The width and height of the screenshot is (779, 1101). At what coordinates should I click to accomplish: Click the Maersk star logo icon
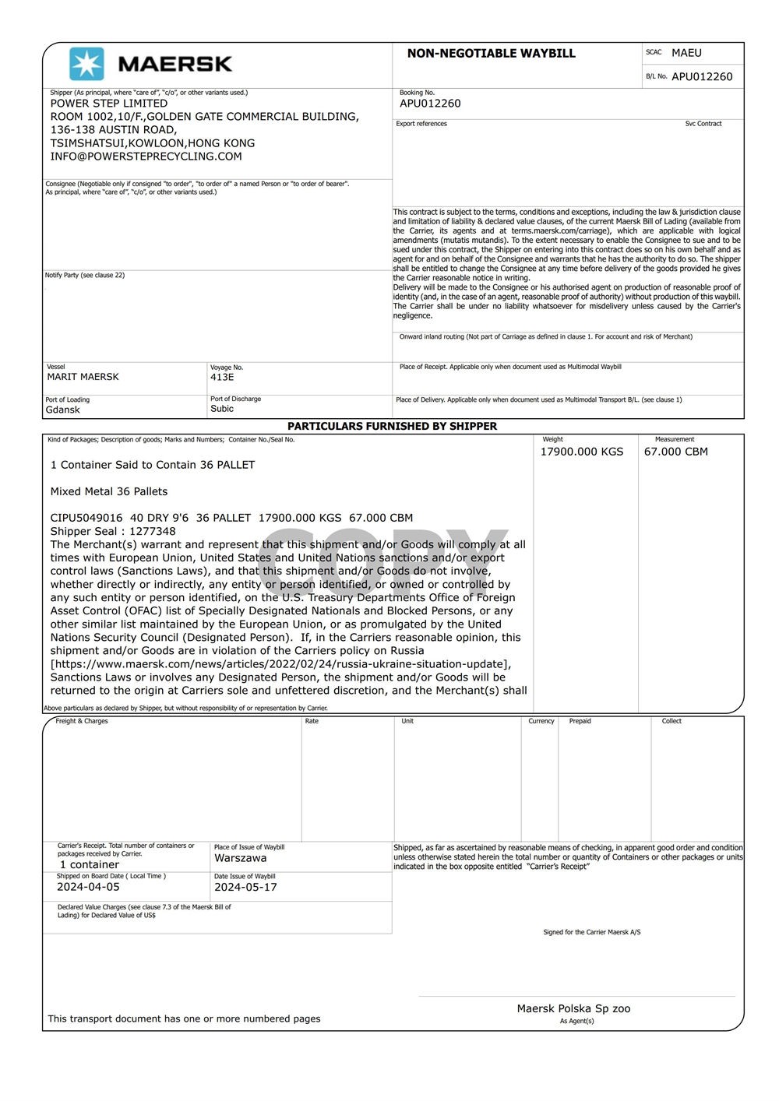click(x=86, y=64)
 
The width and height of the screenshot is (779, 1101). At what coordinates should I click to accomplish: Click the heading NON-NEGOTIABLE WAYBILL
click(x=491, y=54)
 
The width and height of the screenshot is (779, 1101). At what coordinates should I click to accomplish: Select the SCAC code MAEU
click(x=686, y=53)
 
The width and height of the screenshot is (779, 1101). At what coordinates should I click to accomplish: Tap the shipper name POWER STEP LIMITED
click(x=108, y=104)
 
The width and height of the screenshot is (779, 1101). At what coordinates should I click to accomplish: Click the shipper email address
click(x=146, y=157)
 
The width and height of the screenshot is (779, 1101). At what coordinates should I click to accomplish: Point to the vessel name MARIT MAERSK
click(x=83, y=377)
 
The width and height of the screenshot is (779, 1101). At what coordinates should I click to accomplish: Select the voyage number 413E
click(x=222, y=377)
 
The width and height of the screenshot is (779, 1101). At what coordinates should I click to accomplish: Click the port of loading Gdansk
click(x=62, y=410)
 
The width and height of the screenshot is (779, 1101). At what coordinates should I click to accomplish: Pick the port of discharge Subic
click(x=221, y=409)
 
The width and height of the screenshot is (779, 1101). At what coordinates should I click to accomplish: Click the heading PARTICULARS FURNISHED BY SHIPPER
click(x=392, y=426)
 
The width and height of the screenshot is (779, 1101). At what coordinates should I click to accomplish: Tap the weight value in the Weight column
click(x=581, y=452)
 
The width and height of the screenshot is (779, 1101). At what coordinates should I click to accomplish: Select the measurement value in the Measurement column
click(x=675, y=452)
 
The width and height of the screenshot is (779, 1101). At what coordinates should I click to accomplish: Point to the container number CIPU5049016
click(x=86, y=518)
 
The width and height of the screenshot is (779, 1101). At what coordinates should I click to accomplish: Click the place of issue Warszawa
click(x=240, y=858)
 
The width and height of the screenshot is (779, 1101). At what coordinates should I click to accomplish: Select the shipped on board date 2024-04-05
click(x=88, y=887)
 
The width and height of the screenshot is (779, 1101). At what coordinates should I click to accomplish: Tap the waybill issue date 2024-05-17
click(x=245, y=887)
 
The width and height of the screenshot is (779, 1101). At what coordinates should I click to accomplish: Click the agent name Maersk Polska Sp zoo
click(x=573, y=1008)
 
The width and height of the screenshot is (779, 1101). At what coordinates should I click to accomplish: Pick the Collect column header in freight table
click(x=671, y=721)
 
